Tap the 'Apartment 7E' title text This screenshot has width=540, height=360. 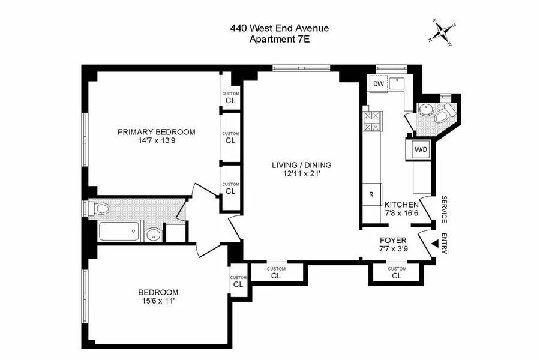point(280,40)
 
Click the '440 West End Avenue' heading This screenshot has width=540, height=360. point(280,28)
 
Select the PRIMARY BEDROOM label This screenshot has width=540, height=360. point(156,132)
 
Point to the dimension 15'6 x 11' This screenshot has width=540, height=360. point(156,302)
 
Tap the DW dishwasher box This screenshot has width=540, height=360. point(377,85)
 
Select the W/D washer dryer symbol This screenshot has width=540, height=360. point(420,149)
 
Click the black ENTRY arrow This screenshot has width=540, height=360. point(434,242)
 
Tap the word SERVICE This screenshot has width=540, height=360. point(445,209)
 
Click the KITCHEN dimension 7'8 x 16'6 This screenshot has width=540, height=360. point(401,213)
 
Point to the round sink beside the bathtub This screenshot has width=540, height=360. point(154,233)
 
